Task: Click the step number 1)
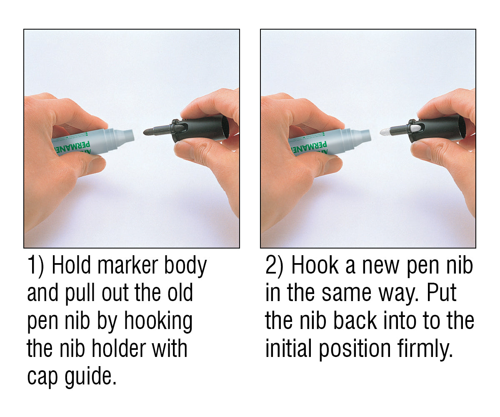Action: [35, 266]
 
